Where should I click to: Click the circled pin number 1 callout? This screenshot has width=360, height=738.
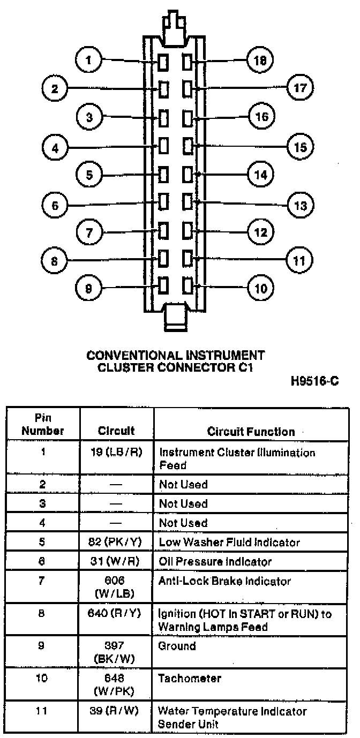[88, 60]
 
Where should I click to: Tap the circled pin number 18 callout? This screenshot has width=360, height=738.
[260, 60]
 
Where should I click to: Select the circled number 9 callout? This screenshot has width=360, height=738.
[88, 289]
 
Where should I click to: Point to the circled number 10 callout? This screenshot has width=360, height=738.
[261, 289]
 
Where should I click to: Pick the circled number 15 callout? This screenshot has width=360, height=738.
[301, 147]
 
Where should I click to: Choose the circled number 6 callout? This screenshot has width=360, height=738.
[55, 206]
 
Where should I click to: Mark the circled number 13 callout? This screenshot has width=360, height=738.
[301, 206]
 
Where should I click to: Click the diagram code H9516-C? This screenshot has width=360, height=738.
[314, 381]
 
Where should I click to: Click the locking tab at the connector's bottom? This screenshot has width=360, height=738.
[175, 317]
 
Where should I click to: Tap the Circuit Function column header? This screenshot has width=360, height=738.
[251, 432]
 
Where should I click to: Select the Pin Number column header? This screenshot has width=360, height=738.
[43, 424]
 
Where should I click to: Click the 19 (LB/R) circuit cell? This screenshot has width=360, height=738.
[116, 452]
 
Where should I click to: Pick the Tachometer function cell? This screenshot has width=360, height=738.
[190, 679]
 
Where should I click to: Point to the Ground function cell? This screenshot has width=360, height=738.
[177, 646]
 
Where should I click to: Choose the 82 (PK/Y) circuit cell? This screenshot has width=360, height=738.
[115, 542]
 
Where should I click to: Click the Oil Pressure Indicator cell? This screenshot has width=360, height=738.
[215, 561]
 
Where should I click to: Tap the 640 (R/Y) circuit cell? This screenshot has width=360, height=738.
[114, 613]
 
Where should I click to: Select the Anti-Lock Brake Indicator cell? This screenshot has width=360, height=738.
[224, 581]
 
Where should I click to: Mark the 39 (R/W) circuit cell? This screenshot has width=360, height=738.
[114, 711]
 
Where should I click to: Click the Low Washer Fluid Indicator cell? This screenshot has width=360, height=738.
[229, 543]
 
